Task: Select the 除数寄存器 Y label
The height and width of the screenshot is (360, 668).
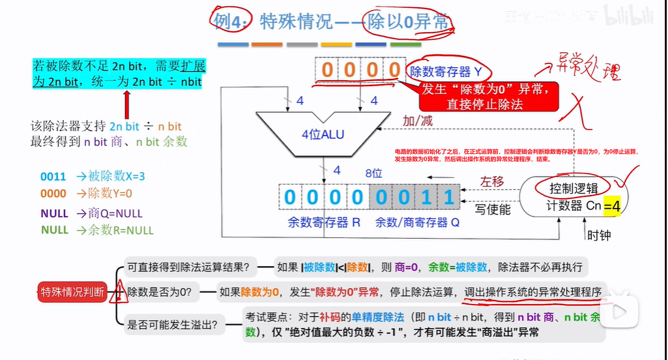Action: (x=449, y=72)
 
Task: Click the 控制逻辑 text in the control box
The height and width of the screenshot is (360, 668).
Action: (x=573, y=189)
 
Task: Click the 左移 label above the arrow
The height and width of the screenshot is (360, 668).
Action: (x=493, y=181)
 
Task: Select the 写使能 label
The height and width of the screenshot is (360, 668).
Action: (x=493, y=209)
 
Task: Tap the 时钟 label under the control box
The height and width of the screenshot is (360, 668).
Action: (x=599, y=235)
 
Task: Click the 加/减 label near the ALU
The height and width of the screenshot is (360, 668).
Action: (x=418, y=121)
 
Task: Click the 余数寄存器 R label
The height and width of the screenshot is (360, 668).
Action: (x=324, y=222)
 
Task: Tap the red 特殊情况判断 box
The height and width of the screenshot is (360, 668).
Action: (x=72, y=292)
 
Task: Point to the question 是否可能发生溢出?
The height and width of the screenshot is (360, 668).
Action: (x=173, y=323)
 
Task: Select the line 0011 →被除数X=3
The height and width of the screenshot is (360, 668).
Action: (x=92, y=176)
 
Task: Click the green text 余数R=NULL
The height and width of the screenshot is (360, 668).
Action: (x=97, y=230)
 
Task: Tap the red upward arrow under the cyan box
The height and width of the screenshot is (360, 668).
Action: (x=127, y=104)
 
